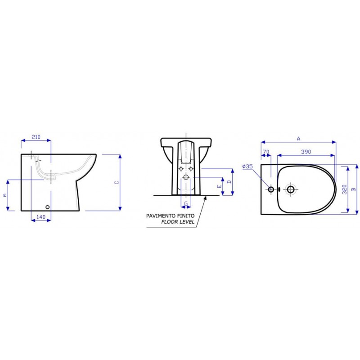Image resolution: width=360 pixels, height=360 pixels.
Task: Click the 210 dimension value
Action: point(36,137)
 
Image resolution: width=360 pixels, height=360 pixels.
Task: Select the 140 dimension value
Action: point(41,217)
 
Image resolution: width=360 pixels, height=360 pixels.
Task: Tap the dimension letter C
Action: point(117,183)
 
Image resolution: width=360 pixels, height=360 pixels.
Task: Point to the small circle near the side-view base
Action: point(48,207)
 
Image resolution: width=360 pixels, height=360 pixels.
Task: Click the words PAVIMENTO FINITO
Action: point(170,216)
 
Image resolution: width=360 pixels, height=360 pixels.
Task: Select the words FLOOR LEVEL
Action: point(178,222)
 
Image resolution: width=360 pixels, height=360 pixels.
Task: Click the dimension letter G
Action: point(186,204)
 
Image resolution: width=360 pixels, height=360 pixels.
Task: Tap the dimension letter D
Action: point(229,182)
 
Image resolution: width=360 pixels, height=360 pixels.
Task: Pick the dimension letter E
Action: point(220,186)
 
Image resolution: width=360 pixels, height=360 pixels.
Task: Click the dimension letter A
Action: point(298,139)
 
